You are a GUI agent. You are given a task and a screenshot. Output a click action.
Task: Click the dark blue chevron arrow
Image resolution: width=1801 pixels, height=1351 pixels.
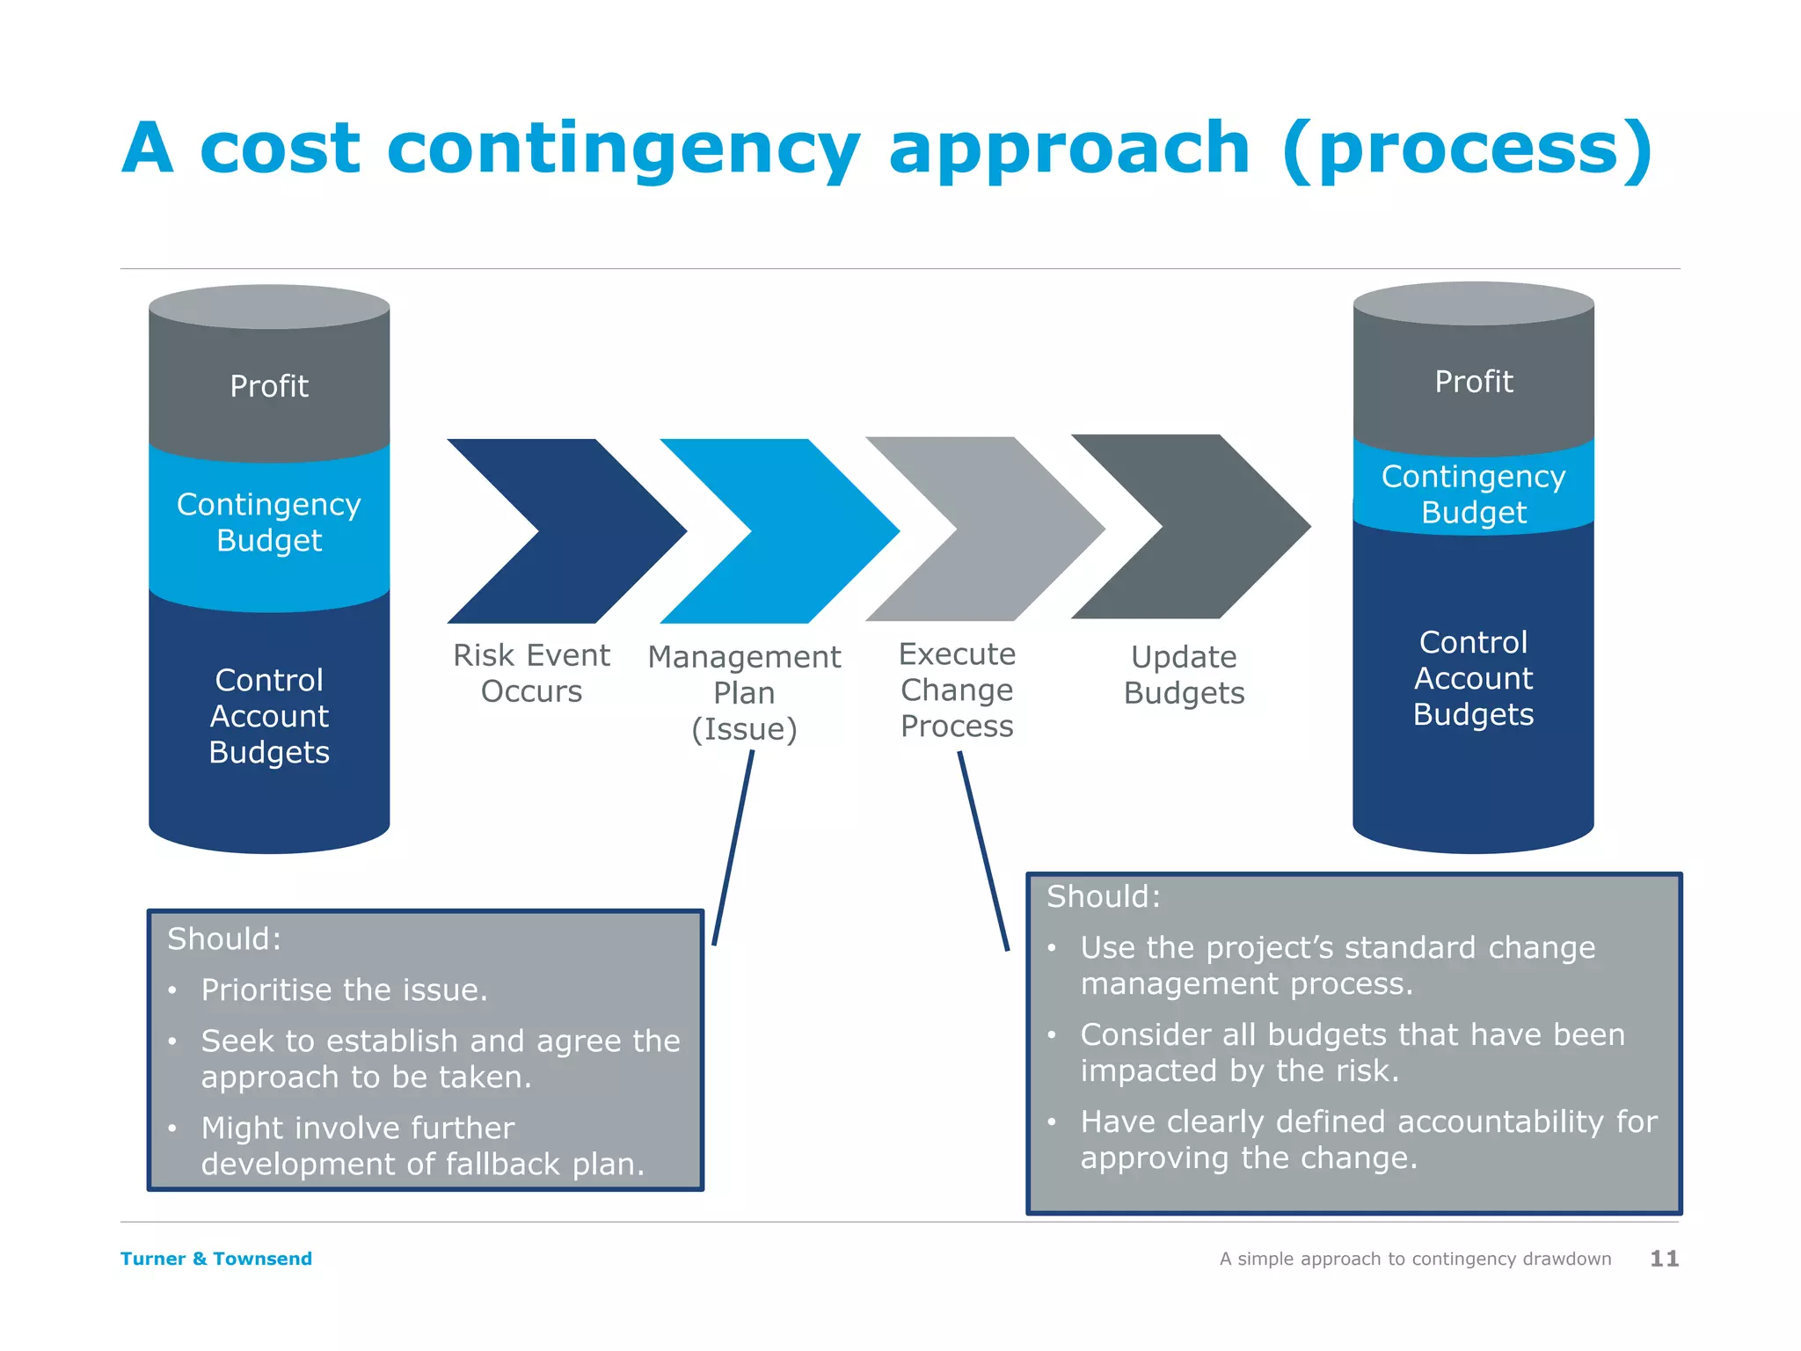tap(607, 531)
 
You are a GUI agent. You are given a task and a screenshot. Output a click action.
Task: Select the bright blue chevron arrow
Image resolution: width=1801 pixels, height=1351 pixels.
tap(818, 531)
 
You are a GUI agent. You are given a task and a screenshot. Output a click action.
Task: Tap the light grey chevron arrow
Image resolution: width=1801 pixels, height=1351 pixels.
tap(1024, 529)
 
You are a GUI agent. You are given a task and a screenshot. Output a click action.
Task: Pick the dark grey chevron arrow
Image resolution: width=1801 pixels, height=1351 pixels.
tap(1231, 527)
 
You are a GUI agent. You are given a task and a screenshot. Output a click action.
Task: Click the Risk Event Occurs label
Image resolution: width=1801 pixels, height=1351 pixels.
tap(531, 673)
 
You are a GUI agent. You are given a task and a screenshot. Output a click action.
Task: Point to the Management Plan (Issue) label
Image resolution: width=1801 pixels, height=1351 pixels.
tap(744, 693)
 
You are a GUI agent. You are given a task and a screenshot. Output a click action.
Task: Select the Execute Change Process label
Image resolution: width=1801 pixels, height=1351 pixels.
tap(957, 690)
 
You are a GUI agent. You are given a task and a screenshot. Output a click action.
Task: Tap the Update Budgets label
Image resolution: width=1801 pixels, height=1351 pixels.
tap(1184, 675)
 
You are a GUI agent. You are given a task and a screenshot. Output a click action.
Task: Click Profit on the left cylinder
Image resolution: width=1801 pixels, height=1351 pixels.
tap(269, 386)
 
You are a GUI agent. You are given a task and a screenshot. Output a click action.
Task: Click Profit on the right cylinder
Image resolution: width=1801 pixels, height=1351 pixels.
tap(1474, 382)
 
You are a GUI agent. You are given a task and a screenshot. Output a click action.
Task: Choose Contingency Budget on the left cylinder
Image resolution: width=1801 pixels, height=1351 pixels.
tap(269, 522)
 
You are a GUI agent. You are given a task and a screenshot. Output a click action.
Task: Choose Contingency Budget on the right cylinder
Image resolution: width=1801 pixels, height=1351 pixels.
tap(1474, 494)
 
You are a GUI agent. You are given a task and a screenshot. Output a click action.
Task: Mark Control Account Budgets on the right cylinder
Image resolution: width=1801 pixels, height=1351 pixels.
tap(1474, 678)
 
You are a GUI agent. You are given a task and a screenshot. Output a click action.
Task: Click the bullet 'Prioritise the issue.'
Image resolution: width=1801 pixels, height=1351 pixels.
tap(344, 990)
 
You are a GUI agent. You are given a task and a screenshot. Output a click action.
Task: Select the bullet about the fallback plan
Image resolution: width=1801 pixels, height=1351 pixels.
tap(422, 1146)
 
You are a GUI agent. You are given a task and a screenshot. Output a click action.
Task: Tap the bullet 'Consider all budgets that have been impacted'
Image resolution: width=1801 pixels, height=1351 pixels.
tap(1352, 1053)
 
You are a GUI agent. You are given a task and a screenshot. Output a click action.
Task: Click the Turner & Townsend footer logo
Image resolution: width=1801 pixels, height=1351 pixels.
tap(216, 1259)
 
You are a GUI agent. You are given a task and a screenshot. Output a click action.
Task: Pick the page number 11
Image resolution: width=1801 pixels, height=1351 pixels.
tap(1664, 1259)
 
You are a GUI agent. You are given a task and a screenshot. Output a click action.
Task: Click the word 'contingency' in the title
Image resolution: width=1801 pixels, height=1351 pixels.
tap(623, 150)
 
